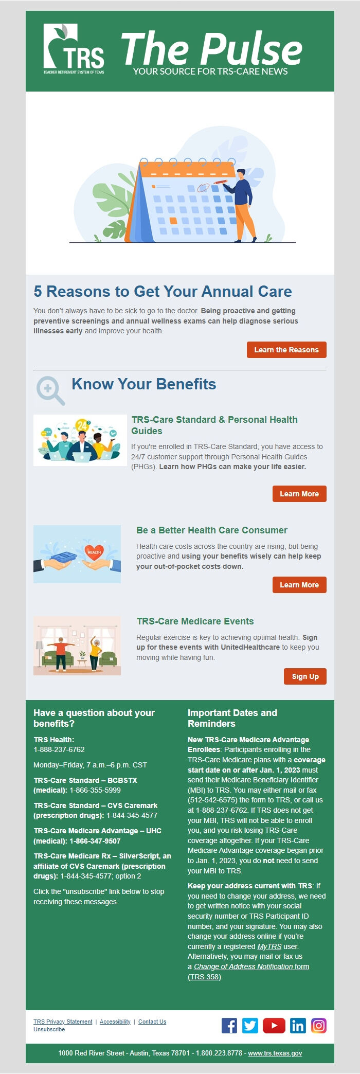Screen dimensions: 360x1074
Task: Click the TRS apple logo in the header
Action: pos(74,48)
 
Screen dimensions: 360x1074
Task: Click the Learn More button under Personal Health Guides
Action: pos(299,494)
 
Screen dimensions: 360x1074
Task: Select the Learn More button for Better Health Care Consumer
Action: pos(299,585)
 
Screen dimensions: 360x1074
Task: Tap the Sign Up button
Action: pos(305,676)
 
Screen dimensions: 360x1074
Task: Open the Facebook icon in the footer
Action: pos(229,1026)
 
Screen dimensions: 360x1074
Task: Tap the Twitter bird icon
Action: pos(250,1026)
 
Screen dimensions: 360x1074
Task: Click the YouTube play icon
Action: pos(274,1026)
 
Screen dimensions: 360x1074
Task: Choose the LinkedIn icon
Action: pos(298,1026)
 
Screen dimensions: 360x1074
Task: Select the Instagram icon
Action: pos(319,1026)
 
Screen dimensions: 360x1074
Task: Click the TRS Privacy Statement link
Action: pos(63,1022)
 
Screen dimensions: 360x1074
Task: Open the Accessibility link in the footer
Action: pos(115,1022)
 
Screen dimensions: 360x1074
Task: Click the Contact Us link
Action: pos(152,1022)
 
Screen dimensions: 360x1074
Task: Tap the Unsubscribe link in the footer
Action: pos(49,1029)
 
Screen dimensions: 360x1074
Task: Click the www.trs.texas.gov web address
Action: pos(275,1053)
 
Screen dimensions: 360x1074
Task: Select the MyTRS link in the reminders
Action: pos(269,946)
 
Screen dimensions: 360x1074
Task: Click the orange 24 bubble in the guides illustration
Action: pos(82,425)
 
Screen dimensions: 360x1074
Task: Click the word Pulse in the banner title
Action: pos(251,49)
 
